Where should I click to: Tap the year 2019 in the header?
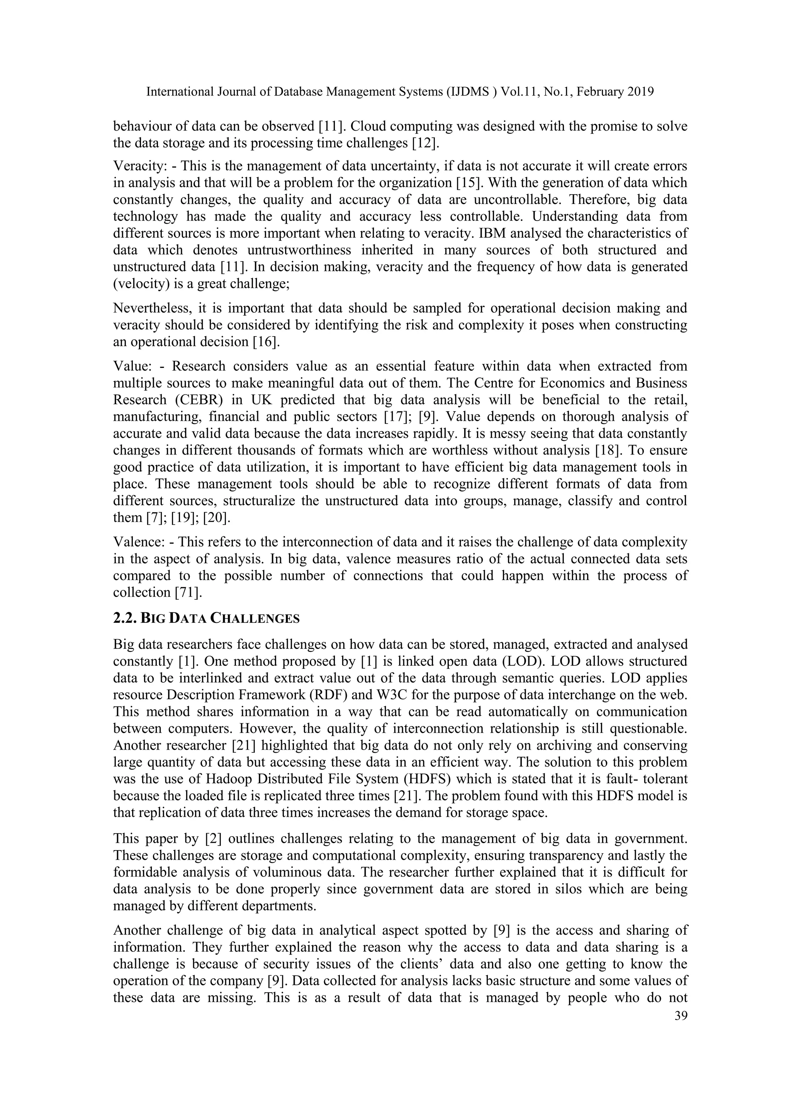[638, 92]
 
